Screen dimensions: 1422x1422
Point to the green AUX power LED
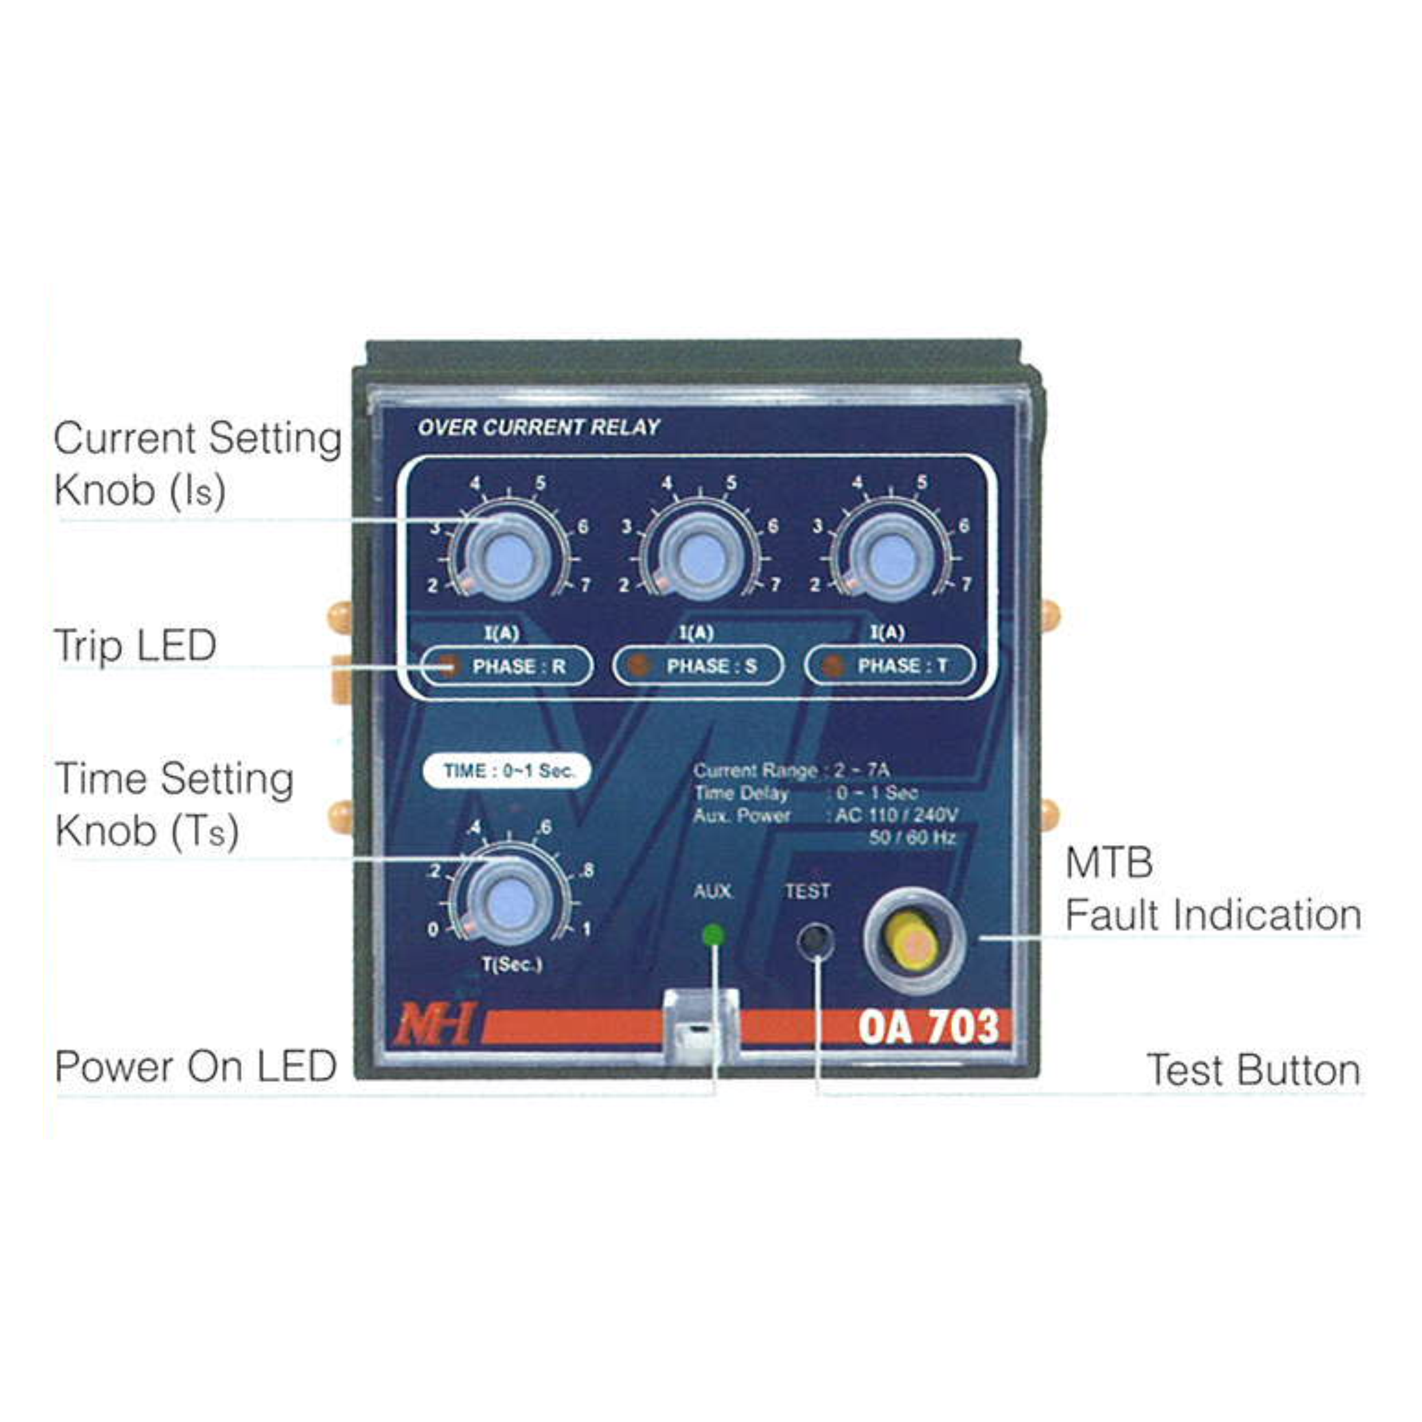click(713, 936)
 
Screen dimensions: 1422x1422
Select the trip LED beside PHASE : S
click(641, 666)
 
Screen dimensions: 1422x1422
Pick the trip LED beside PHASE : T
click(832, 666)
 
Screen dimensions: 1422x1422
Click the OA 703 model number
click(928, 1027)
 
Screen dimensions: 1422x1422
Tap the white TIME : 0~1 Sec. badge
click(507, 771)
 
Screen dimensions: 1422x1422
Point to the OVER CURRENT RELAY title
click(539, 427)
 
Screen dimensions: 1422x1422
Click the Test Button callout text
click(1254, 1070)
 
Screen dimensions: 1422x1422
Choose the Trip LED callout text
click(135, 646)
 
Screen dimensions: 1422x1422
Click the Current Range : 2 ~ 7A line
click(791, 771)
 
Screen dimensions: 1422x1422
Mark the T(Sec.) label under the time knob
click(512, 964)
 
